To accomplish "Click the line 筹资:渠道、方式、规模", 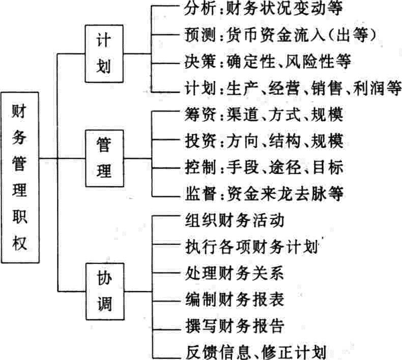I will click(262, 114).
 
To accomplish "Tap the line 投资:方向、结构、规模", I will click(262, 140).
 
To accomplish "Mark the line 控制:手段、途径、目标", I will click(262, 167).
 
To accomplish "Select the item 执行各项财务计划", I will click(249, 248).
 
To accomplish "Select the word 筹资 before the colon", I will click(193, 114).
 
